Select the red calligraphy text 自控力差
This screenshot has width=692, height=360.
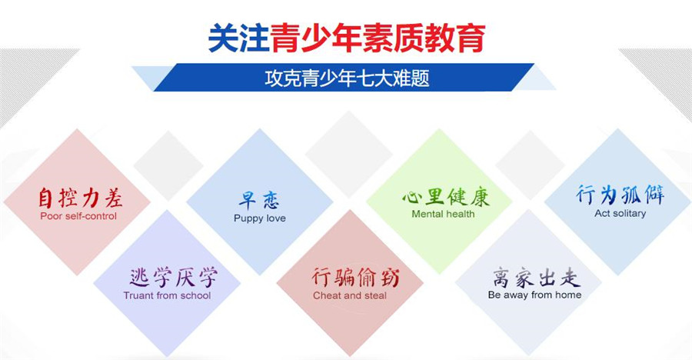pyautogui.click(x=80, y=198)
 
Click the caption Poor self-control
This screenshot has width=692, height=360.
pyautogui.click(x=78, y=216)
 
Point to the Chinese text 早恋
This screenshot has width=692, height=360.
pyautogui.click(x=259, y=200)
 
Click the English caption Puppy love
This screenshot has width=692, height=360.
pyautogui.click(x=259, y=218)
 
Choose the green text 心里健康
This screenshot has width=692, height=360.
pyautogui.click(x=446, y=196)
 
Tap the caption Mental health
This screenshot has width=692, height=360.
pyautogui.click(x=443, y=214)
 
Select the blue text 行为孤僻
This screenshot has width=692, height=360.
pyautogui.click(x=620, y=194)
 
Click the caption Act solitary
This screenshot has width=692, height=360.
pyautogui.click(x=620, y=213)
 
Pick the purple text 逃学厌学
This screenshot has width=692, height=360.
pyautogui.click(x=172, y=278)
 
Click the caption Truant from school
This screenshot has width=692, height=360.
pyautogui.click(x=167, y=295)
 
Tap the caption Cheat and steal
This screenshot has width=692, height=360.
pyautogui.click(x=350, y=295)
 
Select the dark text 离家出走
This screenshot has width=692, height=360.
pyautogui.click(x=536, y=277)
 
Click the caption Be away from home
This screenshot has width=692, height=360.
pyautogui.click(x=534, y=295)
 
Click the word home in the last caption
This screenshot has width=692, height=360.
pyautogui.click(x=567, y=295)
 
